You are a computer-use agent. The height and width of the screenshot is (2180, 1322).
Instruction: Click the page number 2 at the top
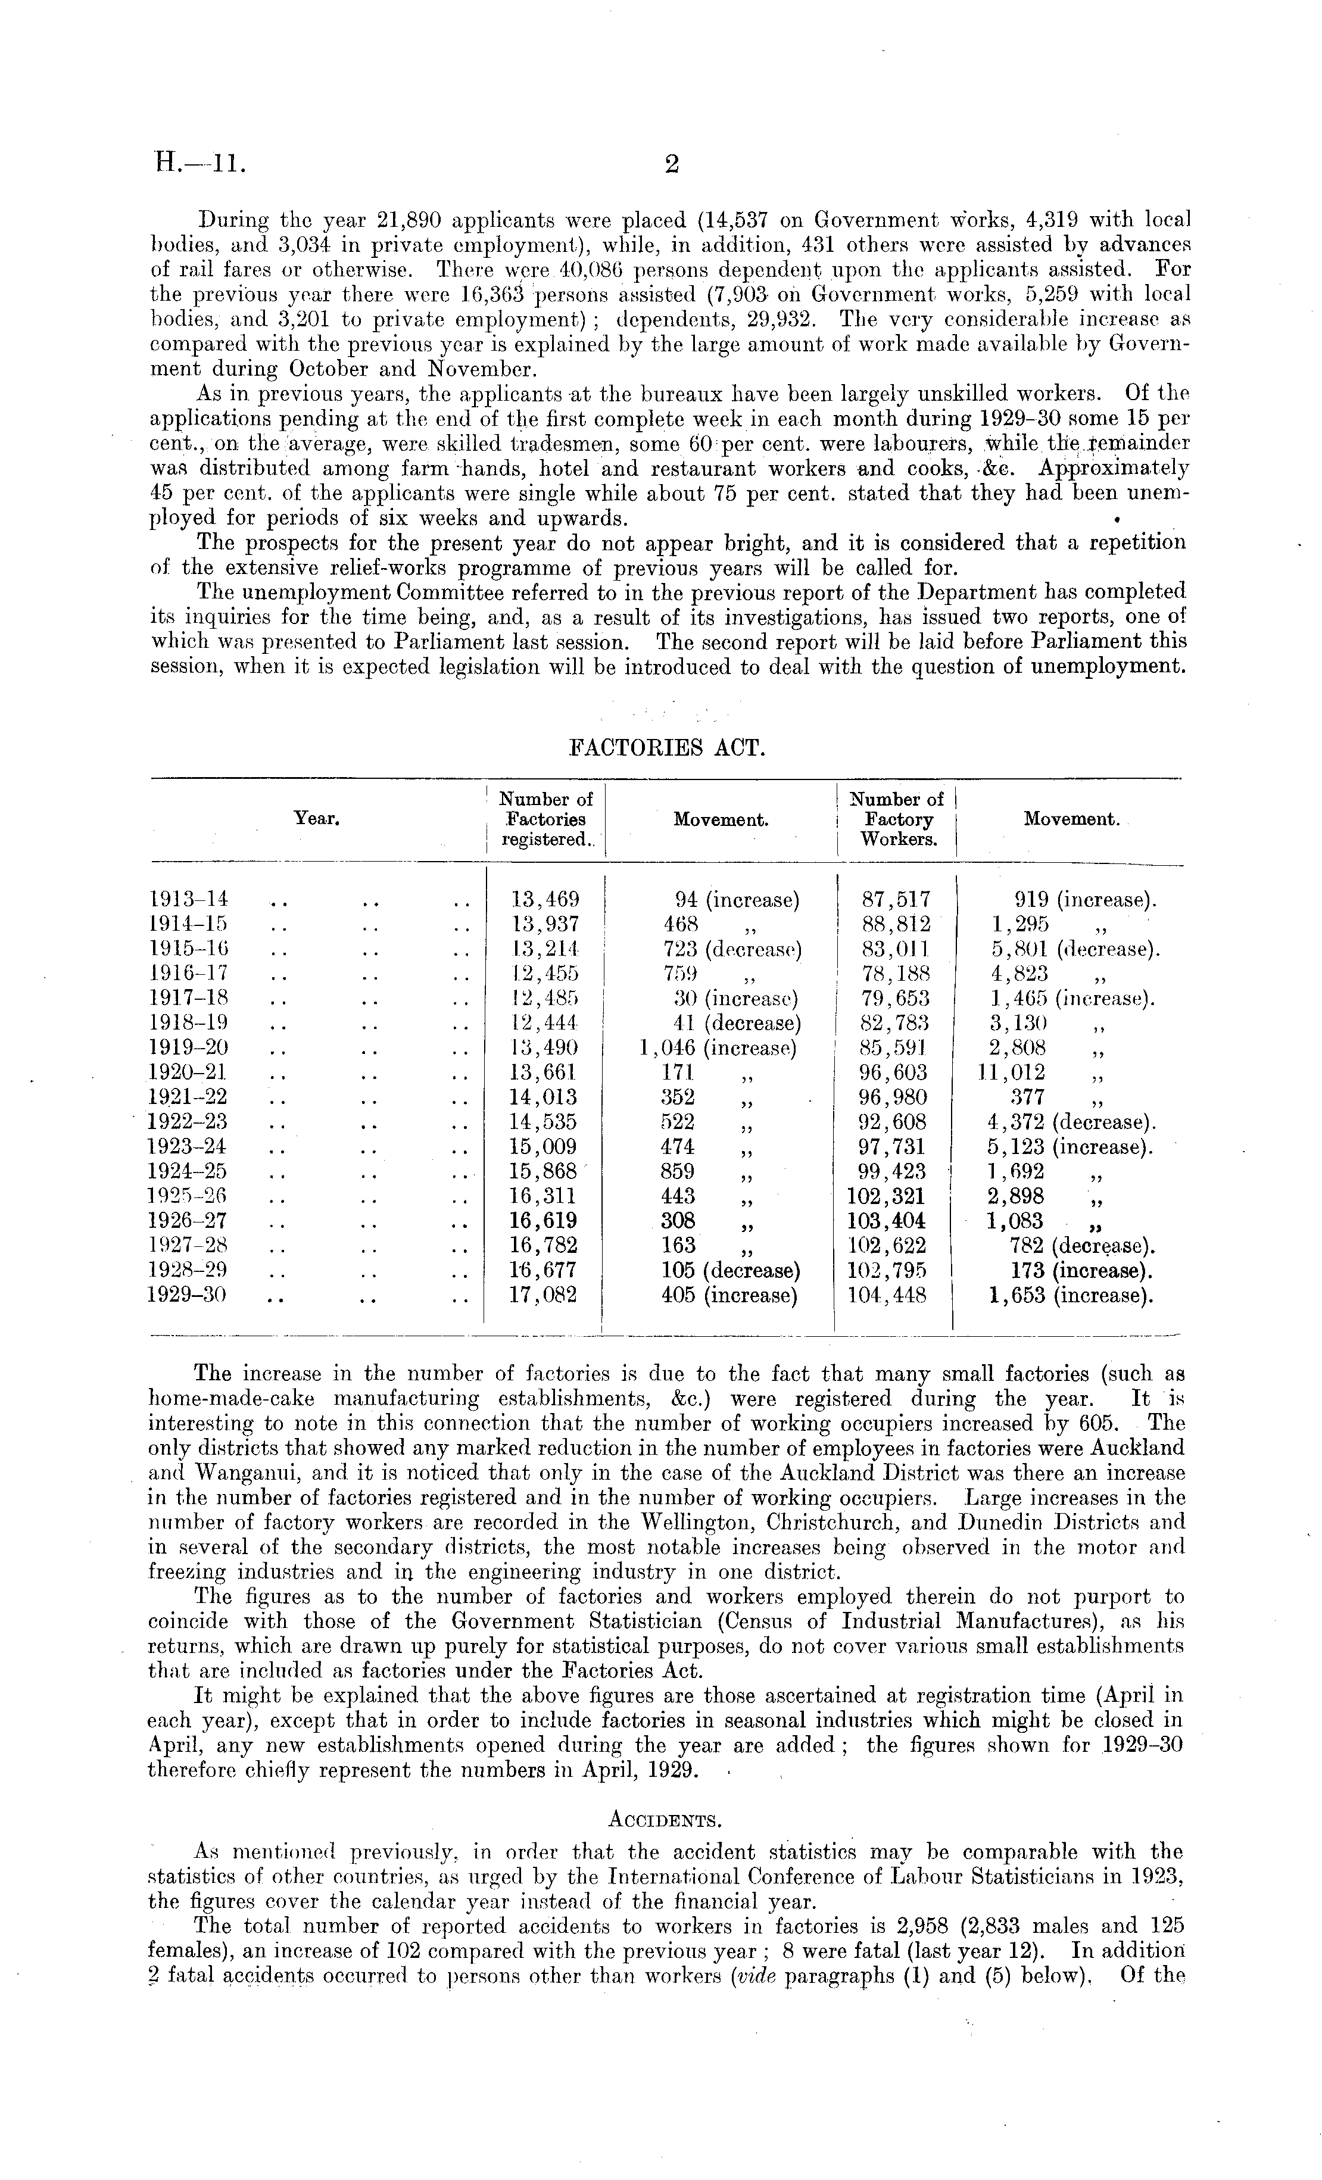[672, 164]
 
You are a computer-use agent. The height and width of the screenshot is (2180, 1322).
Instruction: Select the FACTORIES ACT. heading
[665, 747]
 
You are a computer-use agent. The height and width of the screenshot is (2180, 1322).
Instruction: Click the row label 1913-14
[190, 900]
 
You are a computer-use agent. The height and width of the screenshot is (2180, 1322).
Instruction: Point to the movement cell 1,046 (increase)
[718, 1049]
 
